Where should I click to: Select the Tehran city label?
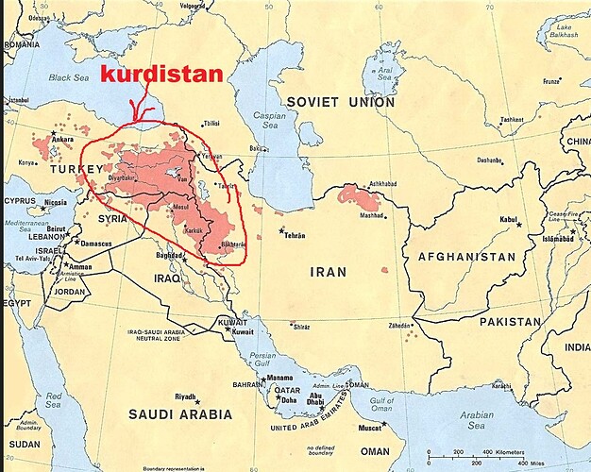[x=295, y=233]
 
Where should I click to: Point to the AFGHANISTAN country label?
[x=460, y=256]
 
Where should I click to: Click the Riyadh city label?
[x=185, y=396]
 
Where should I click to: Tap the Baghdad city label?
[x=169, y=255]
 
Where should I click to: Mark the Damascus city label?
[x=94, y=243]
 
